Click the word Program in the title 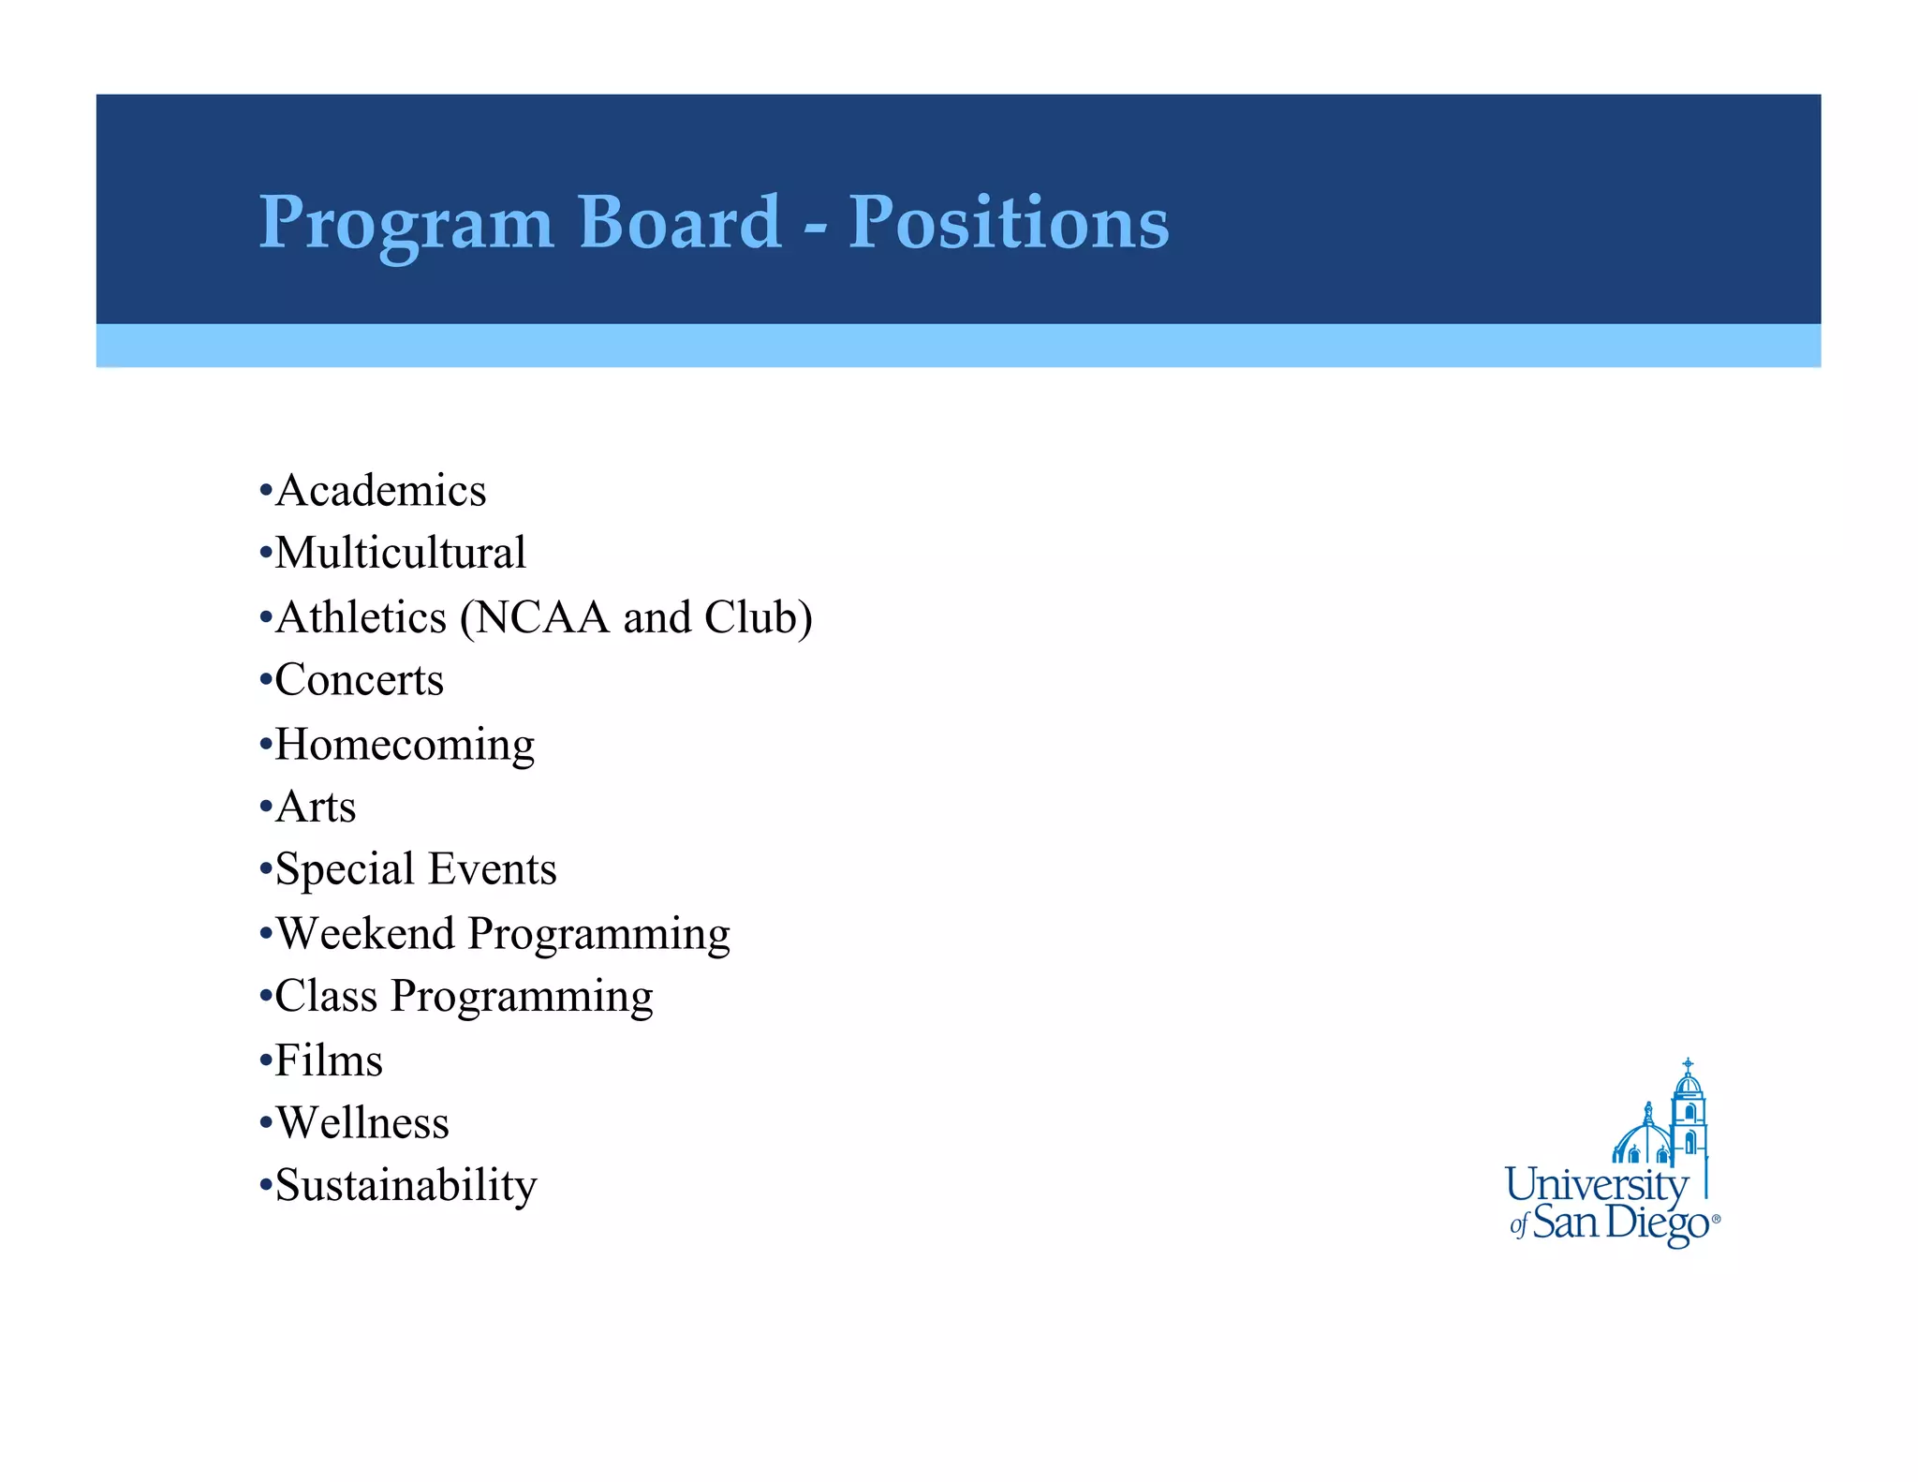(406, 225)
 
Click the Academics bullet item (380, 491)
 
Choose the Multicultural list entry (400, 553)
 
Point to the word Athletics (361, 617)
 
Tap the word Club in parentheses (749, 617)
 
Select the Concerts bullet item (359, 680)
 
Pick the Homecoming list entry (405, 746)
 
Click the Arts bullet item (316, 808)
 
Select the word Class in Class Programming (326, 996)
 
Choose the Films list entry (329, 1061)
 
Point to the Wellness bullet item (362, 1123)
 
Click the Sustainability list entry (406, 1186)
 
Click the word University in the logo (1596, 1185)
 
